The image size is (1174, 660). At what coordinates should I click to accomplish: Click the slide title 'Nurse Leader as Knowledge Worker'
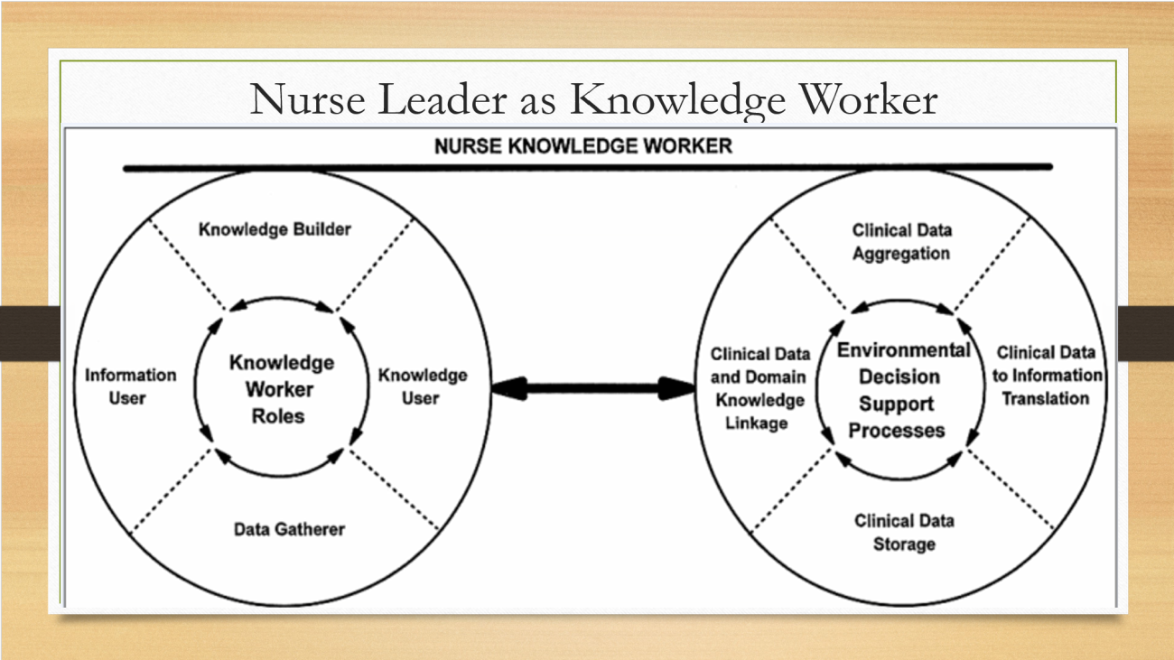tap(593, 99)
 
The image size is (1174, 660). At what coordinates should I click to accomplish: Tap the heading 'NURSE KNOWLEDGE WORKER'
tap(583, 146)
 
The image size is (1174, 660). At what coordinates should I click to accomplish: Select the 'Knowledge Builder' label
tap(275, 229)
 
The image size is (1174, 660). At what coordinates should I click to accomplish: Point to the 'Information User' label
tap(130, 386)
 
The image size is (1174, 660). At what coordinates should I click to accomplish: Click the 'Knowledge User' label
tap(423, 386)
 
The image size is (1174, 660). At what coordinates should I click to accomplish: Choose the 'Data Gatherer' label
tap(289, 529)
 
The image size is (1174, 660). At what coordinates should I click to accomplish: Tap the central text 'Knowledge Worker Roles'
tap(281, 389)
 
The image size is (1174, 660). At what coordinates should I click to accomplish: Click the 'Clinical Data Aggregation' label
tap(901, 241)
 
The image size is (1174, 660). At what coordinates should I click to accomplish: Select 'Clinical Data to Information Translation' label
tap(1047, 376)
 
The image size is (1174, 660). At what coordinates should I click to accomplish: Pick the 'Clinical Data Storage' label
tap(904, 532)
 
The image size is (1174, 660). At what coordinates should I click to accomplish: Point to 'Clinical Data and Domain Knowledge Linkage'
tap(759, 388)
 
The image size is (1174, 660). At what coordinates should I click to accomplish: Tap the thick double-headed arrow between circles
tap(593, 388)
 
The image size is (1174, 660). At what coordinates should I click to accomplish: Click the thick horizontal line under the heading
tap(588, 168)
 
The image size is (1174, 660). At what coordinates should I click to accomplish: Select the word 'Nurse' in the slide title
tap(308, 99)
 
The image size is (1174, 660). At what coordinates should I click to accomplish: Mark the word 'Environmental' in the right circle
tap(904, 350)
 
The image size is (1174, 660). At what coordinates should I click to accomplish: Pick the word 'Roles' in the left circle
tap(278, 416)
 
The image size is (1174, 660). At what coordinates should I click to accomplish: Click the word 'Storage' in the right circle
tap(904, 544)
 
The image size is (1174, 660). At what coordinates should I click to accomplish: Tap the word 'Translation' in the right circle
tap(1046, 399)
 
